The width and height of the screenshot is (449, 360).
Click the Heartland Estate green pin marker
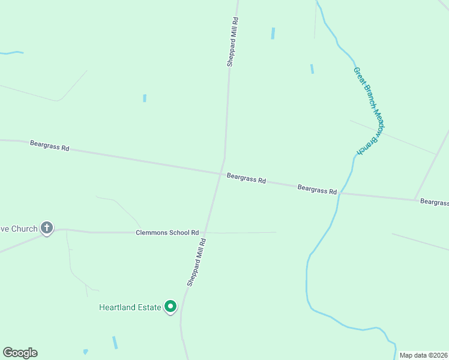coord(170,307)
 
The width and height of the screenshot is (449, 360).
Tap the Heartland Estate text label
coord(130,308)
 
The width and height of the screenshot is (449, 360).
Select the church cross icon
coord(47,227)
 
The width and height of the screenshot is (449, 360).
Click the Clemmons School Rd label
coord(167,233)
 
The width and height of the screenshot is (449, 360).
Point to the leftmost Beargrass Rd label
coord(50,146)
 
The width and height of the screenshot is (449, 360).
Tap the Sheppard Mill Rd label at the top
coord(232,41)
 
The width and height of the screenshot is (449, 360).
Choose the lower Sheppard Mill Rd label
coord(196,262)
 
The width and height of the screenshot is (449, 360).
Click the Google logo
coord(20,353)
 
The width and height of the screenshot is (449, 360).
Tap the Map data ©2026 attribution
coord(423,355)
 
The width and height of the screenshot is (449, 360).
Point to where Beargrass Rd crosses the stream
coord(339,194)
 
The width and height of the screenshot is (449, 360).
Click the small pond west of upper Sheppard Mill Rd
coord(145,98)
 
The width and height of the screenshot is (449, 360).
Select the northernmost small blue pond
coord(273,34)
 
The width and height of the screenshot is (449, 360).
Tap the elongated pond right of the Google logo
coord(115,343)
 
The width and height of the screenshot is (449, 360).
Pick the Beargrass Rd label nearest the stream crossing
coord(317,189)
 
